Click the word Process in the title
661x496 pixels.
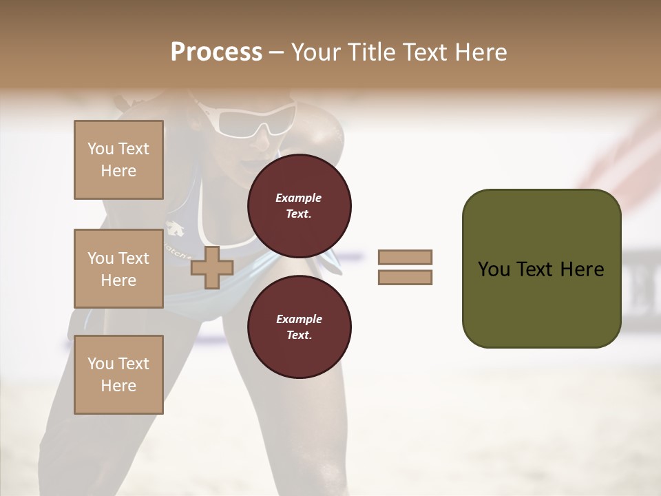[x=216, y=52]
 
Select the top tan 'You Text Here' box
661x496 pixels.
[x=118, y=160]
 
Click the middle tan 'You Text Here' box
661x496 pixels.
[x=118, y=269]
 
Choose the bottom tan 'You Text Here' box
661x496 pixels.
[x=118, y=375]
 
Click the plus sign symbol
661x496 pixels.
[x=212, y=268]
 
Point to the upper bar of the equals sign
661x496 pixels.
[x=405, y=257]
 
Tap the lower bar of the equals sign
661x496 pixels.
[x=405, y=278]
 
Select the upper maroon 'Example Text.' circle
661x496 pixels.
[x=299, y=206]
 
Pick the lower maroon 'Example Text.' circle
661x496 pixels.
[x=299, y=327]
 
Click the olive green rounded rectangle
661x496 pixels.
[x=541, y=269]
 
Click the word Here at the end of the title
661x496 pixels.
[x=480, y=52]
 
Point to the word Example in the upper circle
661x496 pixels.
[x=299, y=198]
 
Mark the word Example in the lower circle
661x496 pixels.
[x=299, y=319]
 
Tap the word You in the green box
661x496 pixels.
[x=493, y=269]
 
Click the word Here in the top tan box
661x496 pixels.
[x=118, y=171]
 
